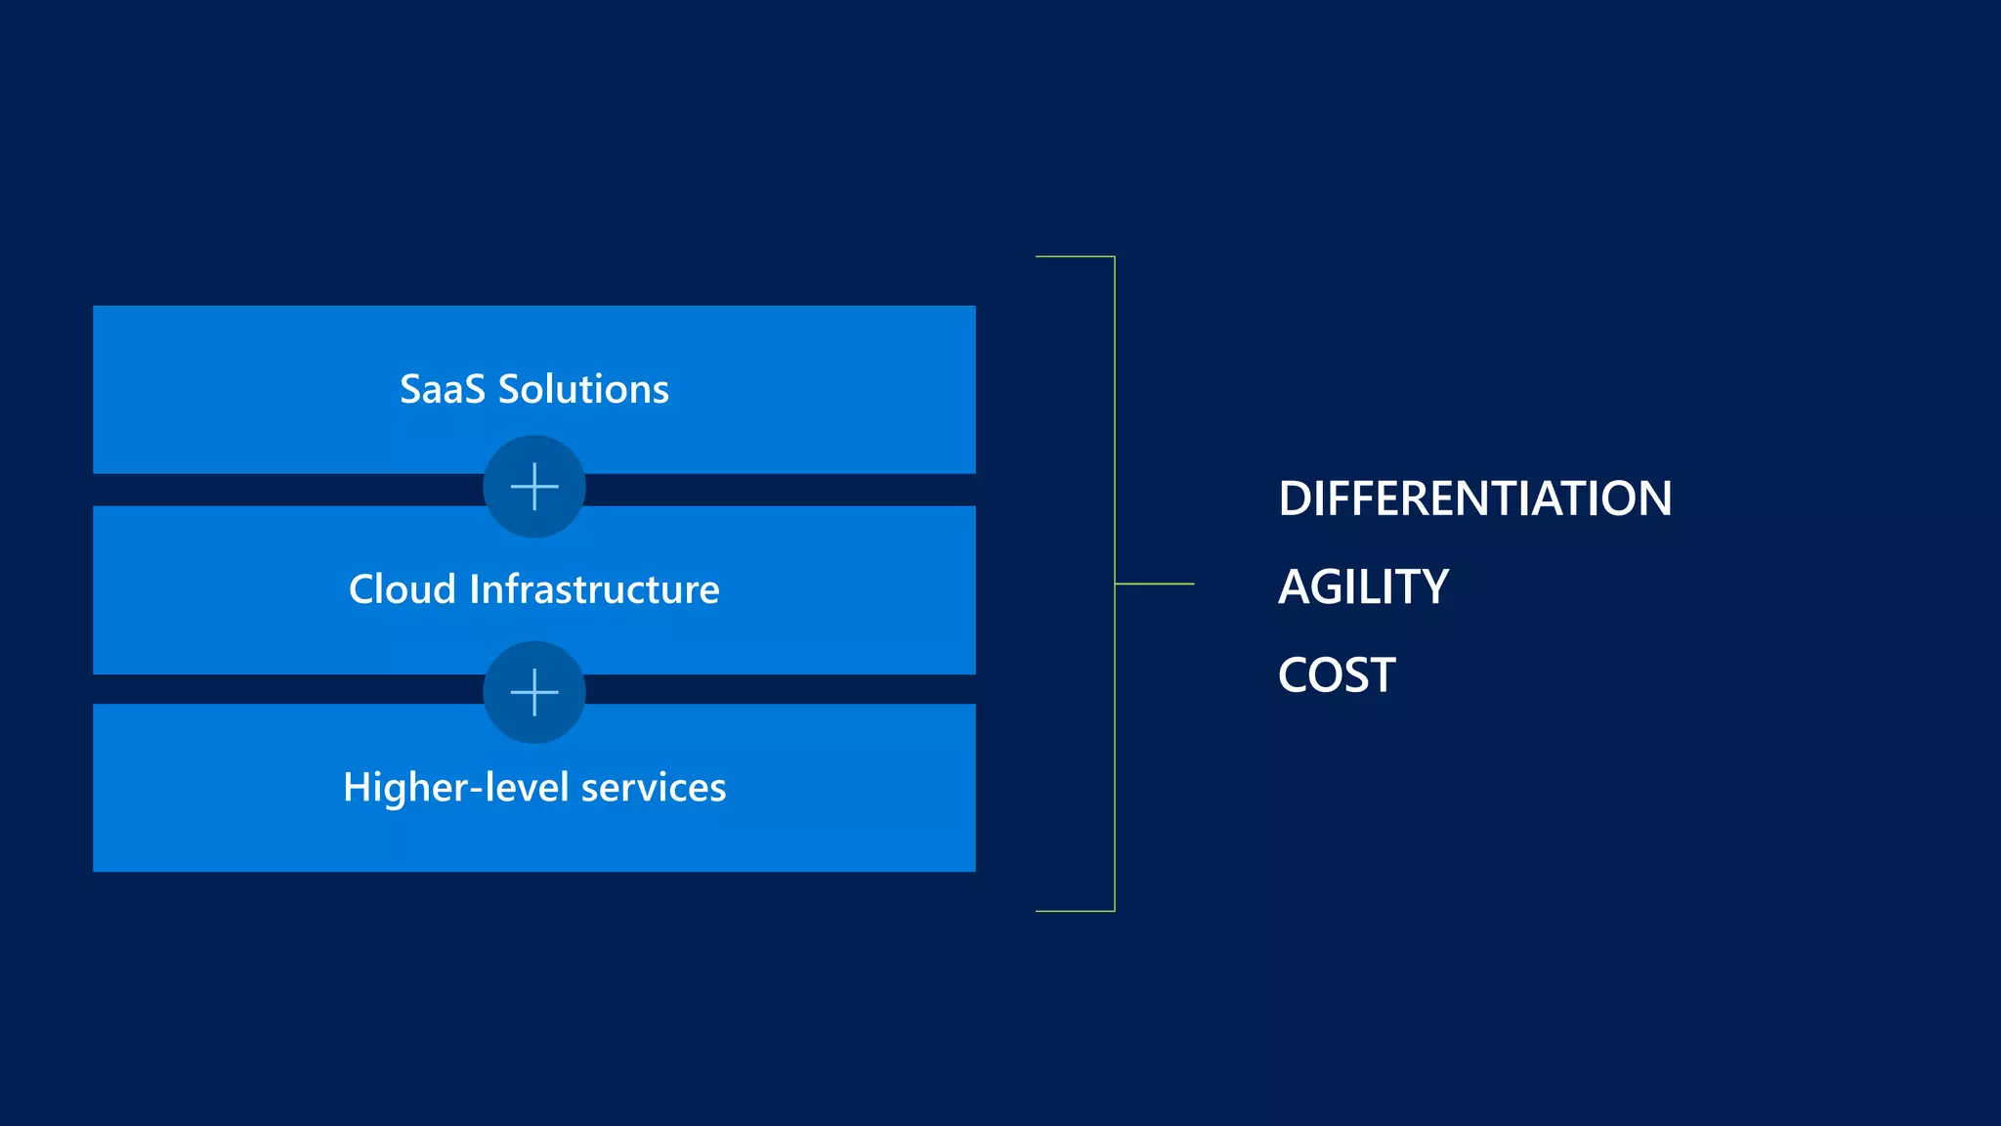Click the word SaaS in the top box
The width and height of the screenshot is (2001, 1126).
[442, 389]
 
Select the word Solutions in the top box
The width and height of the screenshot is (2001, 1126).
[583, 389]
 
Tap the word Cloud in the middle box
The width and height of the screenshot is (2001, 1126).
[402, 589]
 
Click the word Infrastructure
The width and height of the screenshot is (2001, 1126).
[594, 589]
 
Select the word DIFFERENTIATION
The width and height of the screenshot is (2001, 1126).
[1474, 498]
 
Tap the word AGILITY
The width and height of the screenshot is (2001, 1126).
[1363, 587]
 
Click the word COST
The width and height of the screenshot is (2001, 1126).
[1337, 675]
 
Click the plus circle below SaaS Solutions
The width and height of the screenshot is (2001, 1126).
[534, 487]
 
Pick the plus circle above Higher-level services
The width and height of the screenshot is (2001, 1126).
[534, 693]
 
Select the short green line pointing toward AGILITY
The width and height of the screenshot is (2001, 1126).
[1155, 584]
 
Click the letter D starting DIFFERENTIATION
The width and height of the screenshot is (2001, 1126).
[1297, 498]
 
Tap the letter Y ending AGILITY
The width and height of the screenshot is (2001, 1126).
[1432, 587]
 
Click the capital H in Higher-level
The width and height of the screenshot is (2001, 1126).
[358, 787]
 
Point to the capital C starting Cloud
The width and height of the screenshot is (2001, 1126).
[363, 589]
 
